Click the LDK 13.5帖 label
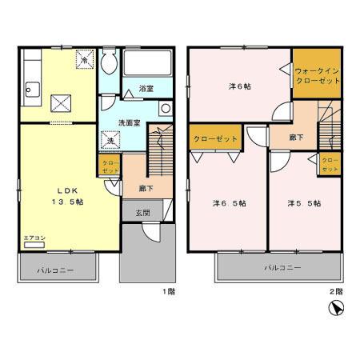(x=69, y=196)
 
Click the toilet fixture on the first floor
(x=110, y=64)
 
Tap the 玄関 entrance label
(x=142, y=212)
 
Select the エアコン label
(x=34, y=239)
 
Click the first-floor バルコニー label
(x=55, y=270)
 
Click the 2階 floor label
(x=339, y=292)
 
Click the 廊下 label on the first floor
(x=146, y=189)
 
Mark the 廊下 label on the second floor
(x=296, y=138)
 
